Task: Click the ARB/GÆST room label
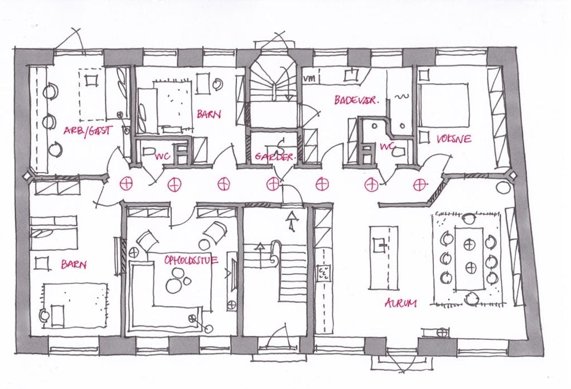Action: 88,130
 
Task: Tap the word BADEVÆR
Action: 356,100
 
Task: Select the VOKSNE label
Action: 454,139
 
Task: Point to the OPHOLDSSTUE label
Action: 191,260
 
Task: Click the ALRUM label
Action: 401,303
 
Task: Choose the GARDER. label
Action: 274,157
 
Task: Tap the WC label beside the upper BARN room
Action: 162,157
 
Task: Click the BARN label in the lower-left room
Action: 74,264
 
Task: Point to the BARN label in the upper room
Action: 209,114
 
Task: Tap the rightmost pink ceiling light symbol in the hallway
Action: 420,184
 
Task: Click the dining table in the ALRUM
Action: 470,258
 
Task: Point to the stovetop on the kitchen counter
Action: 323,273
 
